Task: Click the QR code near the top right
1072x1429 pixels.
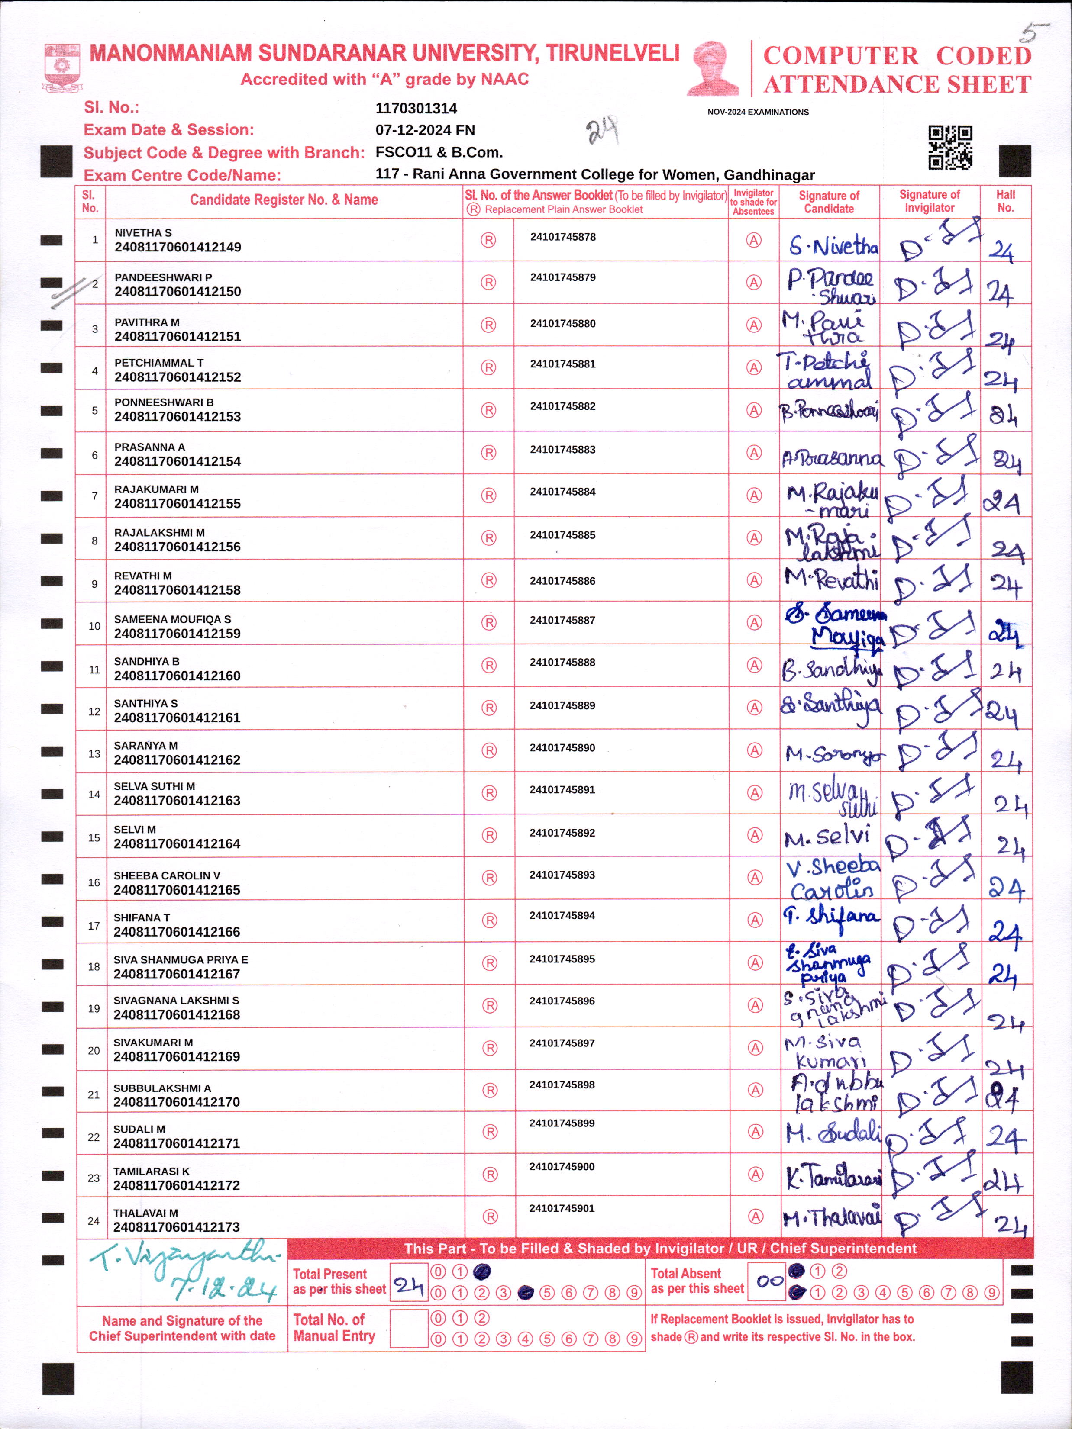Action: point(950,147)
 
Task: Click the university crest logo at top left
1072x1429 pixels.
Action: point(62,67)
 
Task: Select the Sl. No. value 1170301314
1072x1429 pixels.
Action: point(416,109)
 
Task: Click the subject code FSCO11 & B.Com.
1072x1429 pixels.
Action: point(439,152)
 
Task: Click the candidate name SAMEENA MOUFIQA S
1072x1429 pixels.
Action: point(172,619)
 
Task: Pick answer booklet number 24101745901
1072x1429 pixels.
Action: point(562,1208)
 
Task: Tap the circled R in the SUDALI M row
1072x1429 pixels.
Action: point(490,1132)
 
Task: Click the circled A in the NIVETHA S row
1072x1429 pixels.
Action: point(753,240)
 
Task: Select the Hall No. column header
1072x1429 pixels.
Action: point(1005,201)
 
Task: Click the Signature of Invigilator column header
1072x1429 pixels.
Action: point(929,201)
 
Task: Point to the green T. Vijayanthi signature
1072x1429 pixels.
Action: point(184,1269)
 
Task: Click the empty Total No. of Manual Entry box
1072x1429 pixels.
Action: point(409,1328)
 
